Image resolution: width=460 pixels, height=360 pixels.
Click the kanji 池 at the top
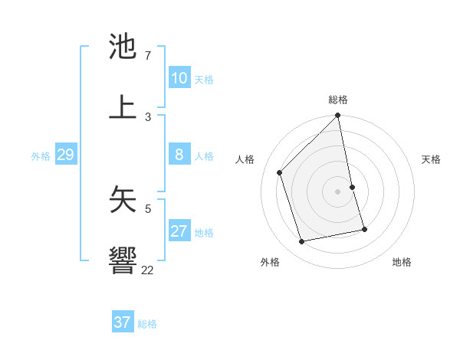[123, 47]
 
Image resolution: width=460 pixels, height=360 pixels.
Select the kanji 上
[123, 107]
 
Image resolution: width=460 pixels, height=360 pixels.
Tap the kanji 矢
[123, 198]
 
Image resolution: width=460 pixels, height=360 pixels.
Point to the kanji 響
[123, 260]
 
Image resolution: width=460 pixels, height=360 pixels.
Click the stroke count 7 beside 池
[147, 56]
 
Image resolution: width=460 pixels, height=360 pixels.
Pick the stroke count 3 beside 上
[147, 116]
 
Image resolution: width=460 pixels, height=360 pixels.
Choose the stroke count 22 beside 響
[147, 270]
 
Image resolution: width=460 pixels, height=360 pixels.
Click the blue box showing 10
[179, 78]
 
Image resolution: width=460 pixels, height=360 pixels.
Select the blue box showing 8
[179, 155]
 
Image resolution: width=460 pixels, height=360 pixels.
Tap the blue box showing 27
[179, 231]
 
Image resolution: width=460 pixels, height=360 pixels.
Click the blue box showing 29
[65, 155]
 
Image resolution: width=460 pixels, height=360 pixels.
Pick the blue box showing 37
[122, 322]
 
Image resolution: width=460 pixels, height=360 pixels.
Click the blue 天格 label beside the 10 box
[204, 80]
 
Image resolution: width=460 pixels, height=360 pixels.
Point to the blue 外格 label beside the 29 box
[41, 156]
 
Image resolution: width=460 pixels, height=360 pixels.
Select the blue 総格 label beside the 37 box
[147, 324]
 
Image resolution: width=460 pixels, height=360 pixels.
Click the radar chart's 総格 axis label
[338, 100]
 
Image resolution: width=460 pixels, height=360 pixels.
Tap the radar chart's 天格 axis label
[431, 159]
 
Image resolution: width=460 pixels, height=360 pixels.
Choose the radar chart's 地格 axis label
[402, 262]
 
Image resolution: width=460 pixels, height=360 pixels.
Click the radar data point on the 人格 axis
[280, 172]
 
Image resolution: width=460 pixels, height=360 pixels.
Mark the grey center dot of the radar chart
[338, 191]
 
